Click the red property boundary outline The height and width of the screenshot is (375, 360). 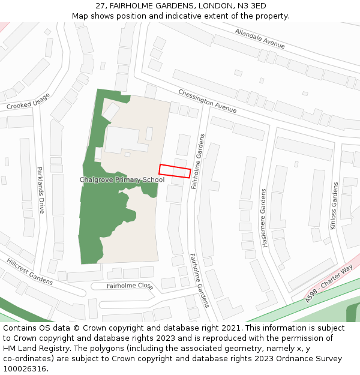click(x=175, y=170)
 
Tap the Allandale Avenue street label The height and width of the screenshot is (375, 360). click(x=260, y=38)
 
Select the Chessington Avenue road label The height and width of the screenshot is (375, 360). click(x=207, y=101)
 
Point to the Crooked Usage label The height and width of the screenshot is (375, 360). click(x=28, y=101)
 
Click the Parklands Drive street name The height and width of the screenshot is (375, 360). click(x=41, y=190)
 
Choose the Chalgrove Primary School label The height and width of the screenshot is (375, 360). click(x=122, y=179)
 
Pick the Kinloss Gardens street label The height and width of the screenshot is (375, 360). click(x=334, y=205)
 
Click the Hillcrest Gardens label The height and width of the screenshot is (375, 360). click(x=29, y=271)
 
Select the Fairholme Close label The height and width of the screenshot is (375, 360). click(x=130, y=286)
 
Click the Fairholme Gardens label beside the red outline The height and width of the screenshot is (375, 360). click(x=198, y=161)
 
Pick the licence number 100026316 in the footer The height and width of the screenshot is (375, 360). click(x=26, y=368)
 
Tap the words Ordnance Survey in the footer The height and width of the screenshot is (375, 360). click(x=313, y=359)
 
